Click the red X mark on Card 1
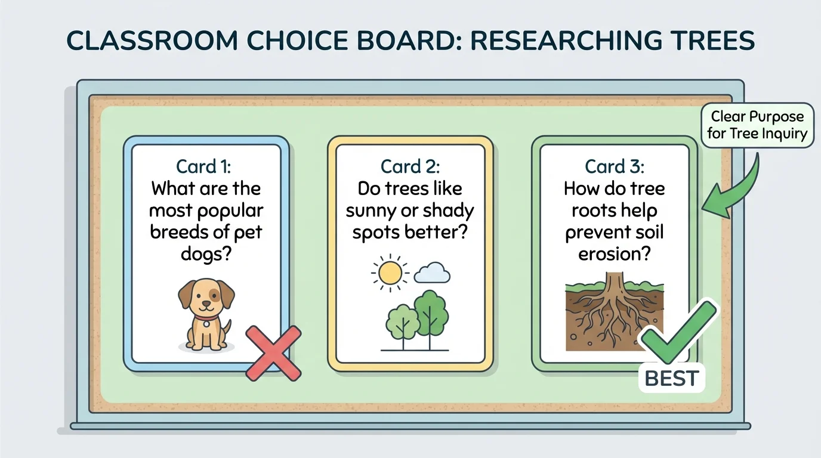(x=274, y=353)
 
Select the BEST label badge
(x=671, y=378)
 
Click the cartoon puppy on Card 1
(x=206, y=313)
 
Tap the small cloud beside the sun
(x=433, y=273)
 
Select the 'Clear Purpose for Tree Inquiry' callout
(x=757, y=125)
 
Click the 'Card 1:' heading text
(x=206, y=166)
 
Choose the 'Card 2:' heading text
(x=410, y=166)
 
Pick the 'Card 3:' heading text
(x=614, y=166)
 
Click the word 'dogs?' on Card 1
(x=206, y=253)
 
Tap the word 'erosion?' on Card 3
(x=614, y=253)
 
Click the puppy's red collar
(x=206, y=323)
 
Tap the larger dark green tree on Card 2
(x=428, y=313)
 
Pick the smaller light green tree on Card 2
(x=403, y=322)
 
